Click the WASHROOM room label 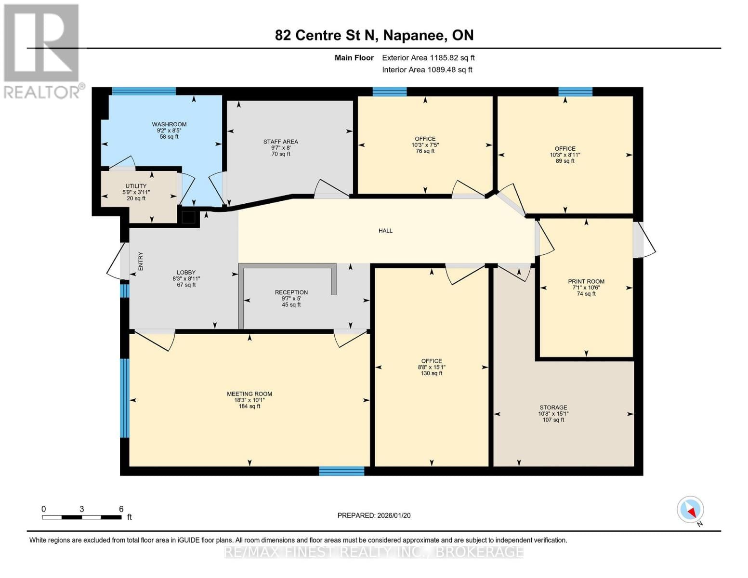tap(169, 124)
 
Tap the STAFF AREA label tap(280, 142)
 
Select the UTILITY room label tap(136, 186)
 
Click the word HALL tap(385, 231)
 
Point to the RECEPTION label tap(291, 292)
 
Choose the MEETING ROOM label tap(249, 394)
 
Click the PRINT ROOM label tap(586, 281)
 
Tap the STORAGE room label tap(553, 407)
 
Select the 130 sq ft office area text tap(432, 373)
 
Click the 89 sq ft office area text tap(565, 161)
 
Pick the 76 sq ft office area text tap(425, 151)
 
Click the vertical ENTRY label tap(141, 261)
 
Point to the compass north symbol tap(691, 510)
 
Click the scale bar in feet tap(82, 517)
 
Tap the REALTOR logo tap(42, 51)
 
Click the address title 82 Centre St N tap(374, 35)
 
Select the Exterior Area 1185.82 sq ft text tap(428, 58)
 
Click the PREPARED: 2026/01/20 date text tap(374, 515)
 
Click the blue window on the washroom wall tap(144, 92)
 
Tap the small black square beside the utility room tap(188, 217)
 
